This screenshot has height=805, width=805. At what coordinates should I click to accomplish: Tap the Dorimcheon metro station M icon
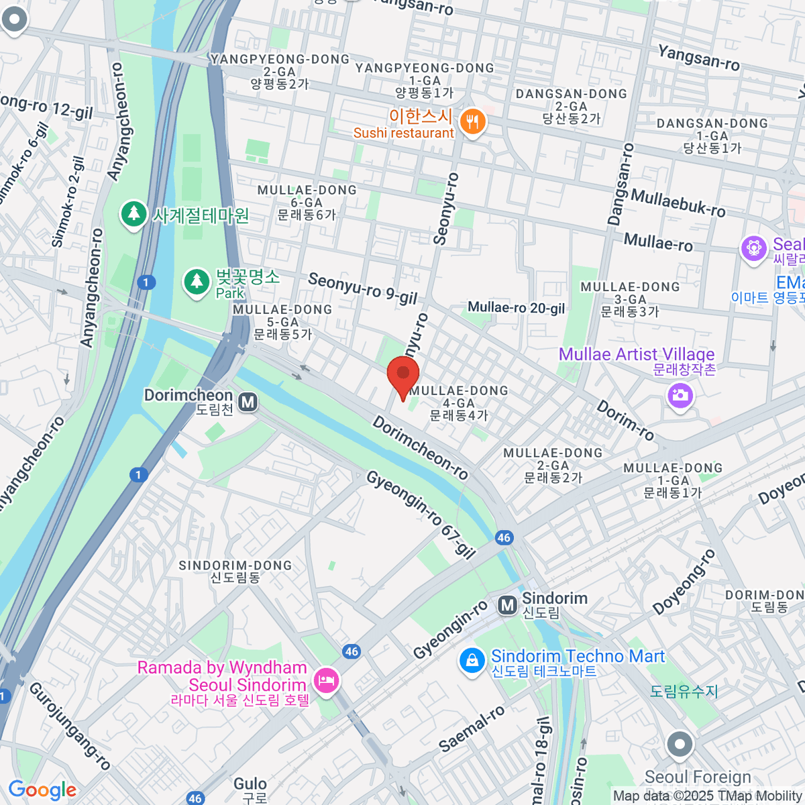[248, 402]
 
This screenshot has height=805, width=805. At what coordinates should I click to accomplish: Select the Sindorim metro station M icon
[508, 606]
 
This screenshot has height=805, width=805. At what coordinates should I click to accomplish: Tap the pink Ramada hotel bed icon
[327, 682]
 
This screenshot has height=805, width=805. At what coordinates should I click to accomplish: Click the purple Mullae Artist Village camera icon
[680, 395]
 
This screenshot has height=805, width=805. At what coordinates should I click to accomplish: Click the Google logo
[42, 790]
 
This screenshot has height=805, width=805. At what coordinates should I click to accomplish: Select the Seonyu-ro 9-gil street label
[362, 288]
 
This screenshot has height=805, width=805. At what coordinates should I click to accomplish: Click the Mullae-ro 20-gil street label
[517, 308]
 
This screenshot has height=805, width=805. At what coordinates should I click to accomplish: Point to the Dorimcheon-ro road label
[420, 447]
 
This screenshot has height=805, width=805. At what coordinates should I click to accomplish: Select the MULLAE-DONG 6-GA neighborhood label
[307, 202]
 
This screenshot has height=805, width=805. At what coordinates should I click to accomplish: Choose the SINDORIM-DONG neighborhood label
[235, 572]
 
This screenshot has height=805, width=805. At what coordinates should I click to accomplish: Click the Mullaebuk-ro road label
[678, 203]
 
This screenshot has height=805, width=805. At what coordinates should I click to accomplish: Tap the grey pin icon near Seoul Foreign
[680, 745]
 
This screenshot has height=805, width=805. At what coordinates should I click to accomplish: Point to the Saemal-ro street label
[471, 729]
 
